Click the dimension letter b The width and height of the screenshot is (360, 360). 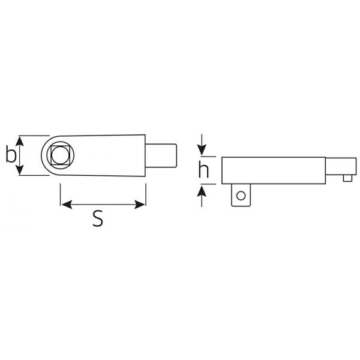tap(11, 154)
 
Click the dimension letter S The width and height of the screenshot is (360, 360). tap(98, 218)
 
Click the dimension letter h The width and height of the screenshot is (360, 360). tap(203, 169)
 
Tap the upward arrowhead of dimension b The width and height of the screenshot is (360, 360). tap(20, 141)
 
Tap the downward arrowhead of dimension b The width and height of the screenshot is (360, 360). tap(20, 170)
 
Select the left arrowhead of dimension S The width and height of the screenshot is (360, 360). tap(67, 205)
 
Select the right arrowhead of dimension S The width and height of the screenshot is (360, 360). tap(140, 205)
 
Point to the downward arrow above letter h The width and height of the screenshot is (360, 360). tap(202, 145)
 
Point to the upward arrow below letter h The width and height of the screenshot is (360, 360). tap(202, 196)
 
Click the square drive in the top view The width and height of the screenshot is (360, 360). tap(60, 155)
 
